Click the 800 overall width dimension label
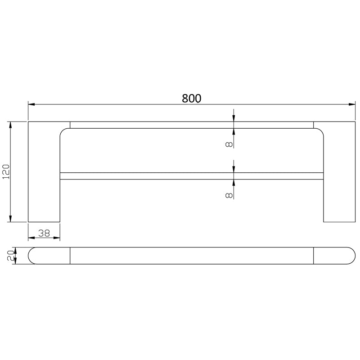pyautogui.click(x=192, y=99)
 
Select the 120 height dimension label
pyautogui.click(x=6, y=171)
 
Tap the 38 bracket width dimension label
pyautogui.click(x=44, y=233)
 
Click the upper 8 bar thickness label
pyautogui.click(x=229, y=144)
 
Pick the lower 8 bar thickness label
pyautogui.click(x=229, y=194)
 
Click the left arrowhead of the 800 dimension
pyautogui.click(x=31, y=105)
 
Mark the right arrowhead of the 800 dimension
pyautogui.click(x=352, y=105)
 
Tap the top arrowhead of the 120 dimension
pyautogui.click(x=10, y=125)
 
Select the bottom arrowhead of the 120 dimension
pyautogui.click(x=10, y=219)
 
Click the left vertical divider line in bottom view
pyautogui.click(x=70, y=255)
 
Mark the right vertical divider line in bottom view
pyautogui.click(x=313, y=255)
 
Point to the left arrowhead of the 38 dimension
pyautogui.click(x=31, y=238)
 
